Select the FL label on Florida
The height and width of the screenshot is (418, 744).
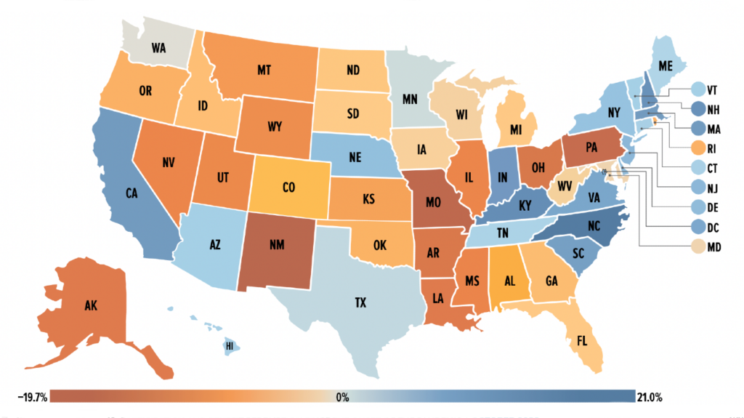pos(581,340)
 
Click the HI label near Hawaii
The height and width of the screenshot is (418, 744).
pos(229,346)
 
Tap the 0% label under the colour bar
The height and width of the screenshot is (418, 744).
pos(342,398)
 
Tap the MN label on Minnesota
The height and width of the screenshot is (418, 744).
pos(410,97)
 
